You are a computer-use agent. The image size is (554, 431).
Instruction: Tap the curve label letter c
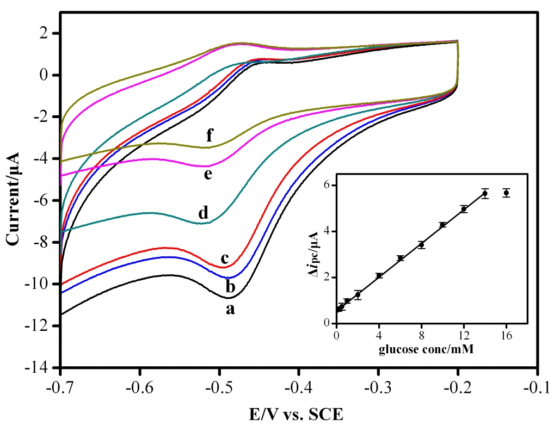224,258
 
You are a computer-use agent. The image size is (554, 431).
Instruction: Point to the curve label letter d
203,213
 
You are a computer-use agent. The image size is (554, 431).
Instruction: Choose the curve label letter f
209,137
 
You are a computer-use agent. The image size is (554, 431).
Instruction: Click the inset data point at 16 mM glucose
506,193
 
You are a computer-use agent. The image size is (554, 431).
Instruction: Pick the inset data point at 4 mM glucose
379,275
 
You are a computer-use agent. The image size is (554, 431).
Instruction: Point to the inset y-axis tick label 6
328,185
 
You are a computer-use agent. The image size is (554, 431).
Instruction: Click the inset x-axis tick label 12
464,334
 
